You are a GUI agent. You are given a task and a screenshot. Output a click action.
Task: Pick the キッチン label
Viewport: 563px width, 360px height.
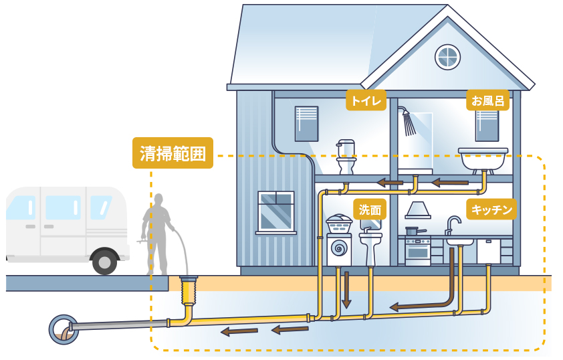coord(491,209)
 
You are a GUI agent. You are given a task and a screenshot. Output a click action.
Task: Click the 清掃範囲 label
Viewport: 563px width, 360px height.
coord(173,153)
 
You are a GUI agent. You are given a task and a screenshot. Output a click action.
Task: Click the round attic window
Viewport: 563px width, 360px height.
coord(447,58)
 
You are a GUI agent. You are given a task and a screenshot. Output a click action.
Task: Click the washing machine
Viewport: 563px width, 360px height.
coord(340,245)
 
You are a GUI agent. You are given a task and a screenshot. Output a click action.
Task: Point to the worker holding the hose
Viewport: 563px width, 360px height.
coord(158,231)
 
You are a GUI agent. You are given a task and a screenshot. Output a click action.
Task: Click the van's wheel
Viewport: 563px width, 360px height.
coord(104,261)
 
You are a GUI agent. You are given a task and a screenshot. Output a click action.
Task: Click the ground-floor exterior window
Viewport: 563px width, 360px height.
coord(275,211)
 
